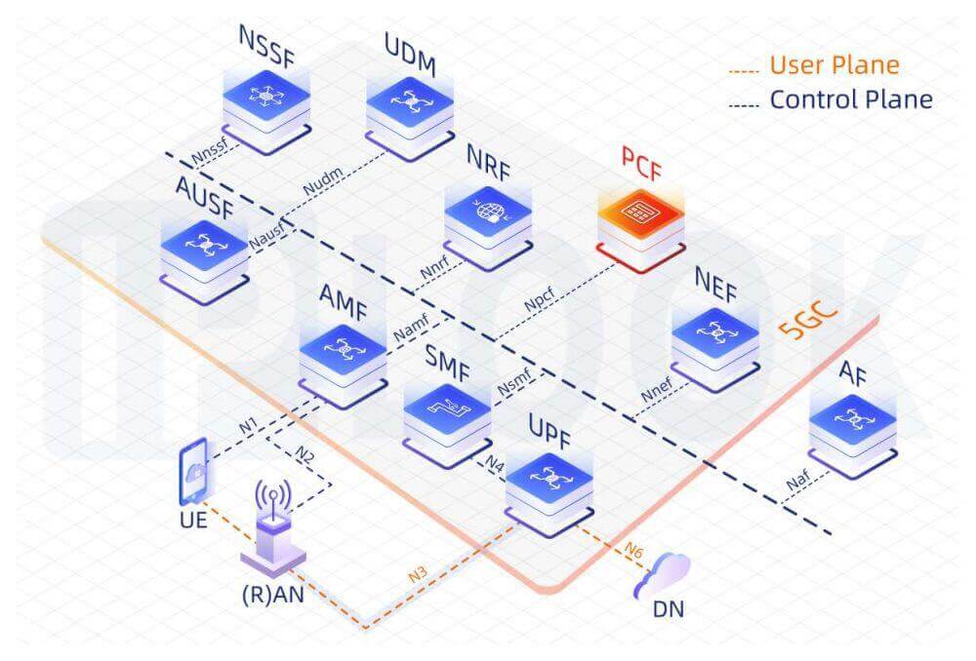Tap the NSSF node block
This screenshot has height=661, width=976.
point(266,111)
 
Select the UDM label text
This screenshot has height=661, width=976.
point(410,55)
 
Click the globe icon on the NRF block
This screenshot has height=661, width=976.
point(489,211)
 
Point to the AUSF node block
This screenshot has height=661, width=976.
point(204,261)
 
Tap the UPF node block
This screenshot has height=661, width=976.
point(549,494)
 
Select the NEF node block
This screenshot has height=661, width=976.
point(715,349)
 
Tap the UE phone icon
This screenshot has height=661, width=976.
point(193,471)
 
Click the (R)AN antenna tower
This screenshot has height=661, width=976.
point(273,527)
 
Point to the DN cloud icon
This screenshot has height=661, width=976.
point(663,575)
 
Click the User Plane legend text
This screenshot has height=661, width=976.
point(834,64)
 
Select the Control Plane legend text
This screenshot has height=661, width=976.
point(851,99)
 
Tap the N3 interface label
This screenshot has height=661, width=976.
point(418,573)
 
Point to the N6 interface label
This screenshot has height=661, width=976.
point(633,550)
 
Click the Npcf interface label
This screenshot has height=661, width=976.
point(539,299)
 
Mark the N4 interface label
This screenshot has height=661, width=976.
point(494,463)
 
